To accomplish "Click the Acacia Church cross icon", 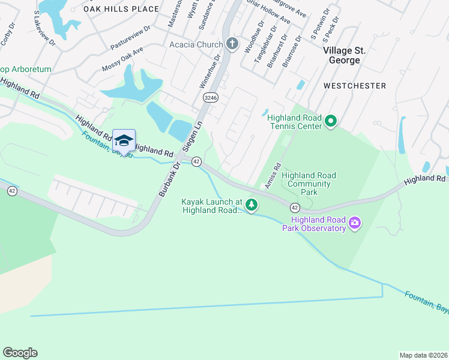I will pos(232,44).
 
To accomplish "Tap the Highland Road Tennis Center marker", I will pos(330,122).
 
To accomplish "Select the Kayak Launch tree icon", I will pos(252,206).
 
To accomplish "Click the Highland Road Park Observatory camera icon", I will pos(355,223).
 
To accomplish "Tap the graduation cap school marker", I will pos(124,140).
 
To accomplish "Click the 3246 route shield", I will pos(210,97).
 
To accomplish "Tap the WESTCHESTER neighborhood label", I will pos(354,86).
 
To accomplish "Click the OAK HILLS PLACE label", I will pos(121,9).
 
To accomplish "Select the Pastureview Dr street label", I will pos(130,38).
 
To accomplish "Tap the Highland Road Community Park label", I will pos(309,184).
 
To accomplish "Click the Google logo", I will pos(20,353).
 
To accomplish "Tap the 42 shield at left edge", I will pos(11,191).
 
